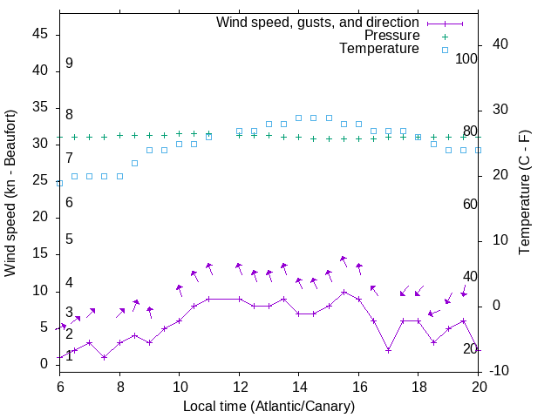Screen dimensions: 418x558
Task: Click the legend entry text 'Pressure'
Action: point(391,36)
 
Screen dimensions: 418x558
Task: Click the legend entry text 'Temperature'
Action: point(379,49)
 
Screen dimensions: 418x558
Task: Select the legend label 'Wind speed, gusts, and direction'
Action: point(318,22)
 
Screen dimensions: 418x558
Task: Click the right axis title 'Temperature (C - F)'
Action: point(524,193)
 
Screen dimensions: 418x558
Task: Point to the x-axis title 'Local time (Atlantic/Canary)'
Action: point(269,406)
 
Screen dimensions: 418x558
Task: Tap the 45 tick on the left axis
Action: point(42,34)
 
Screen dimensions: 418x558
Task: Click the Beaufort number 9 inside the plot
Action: point(69,64)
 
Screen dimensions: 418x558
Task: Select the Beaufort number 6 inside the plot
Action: point(69,203)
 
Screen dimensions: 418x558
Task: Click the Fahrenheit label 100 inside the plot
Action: point(467,58)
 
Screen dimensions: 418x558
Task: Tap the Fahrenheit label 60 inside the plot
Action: point(470,204)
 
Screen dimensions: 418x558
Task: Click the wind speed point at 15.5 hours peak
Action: point(344,292)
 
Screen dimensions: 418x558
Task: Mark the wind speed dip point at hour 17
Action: point(388,350)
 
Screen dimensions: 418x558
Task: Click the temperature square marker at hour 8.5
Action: point(134,163)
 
